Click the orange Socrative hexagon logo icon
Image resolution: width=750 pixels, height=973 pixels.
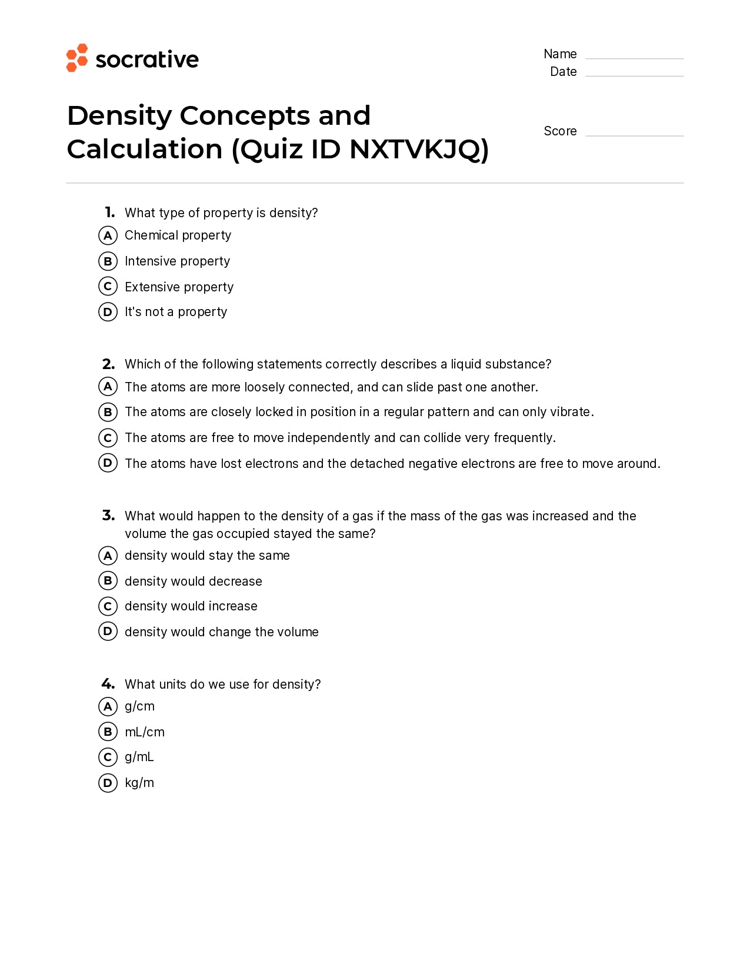pyautogui.click(x=76, y=58)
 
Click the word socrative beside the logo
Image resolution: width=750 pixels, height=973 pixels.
pyautogui.click(x=147, y=59)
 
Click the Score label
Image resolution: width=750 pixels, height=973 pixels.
pyautogui.click(x=559, y=131)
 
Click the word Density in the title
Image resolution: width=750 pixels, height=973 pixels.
pyautogui.click(x=119, y=115)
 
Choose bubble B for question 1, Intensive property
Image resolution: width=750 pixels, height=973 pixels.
pyautogui.click(x=108, y=261)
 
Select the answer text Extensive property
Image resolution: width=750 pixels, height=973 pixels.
pyautogui.click(x=179, y=287)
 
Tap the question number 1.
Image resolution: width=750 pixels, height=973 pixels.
pyautogui.click(x=109, y=212)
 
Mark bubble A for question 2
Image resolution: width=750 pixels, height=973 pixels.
pyautogui.click(x=108, y=387)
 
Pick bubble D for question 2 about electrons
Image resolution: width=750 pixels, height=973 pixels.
pyautogui.click(x=108, y=463)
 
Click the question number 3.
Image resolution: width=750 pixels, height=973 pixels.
pyautogui.click(x=108, y=516)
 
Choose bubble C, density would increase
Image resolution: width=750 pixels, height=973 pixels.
pyautogui.click(x=108, y=606)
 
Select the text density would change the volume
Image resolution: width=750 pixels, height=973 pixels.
pyautogui.click(x=221, y=632)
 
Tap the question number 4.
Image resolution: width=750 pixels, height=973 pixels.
pyautogui.click(x=108, y=683)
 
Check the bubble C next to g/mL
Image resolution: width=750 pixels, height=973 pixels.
pyautogui.click(x=108, y=757)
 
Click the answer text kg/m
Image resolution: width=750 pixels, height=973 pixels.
pyautogui.click(x=139, y=783)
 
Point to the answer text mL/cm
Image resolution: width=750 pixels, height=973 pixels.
pyautogui.click(x=145, y=732)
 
